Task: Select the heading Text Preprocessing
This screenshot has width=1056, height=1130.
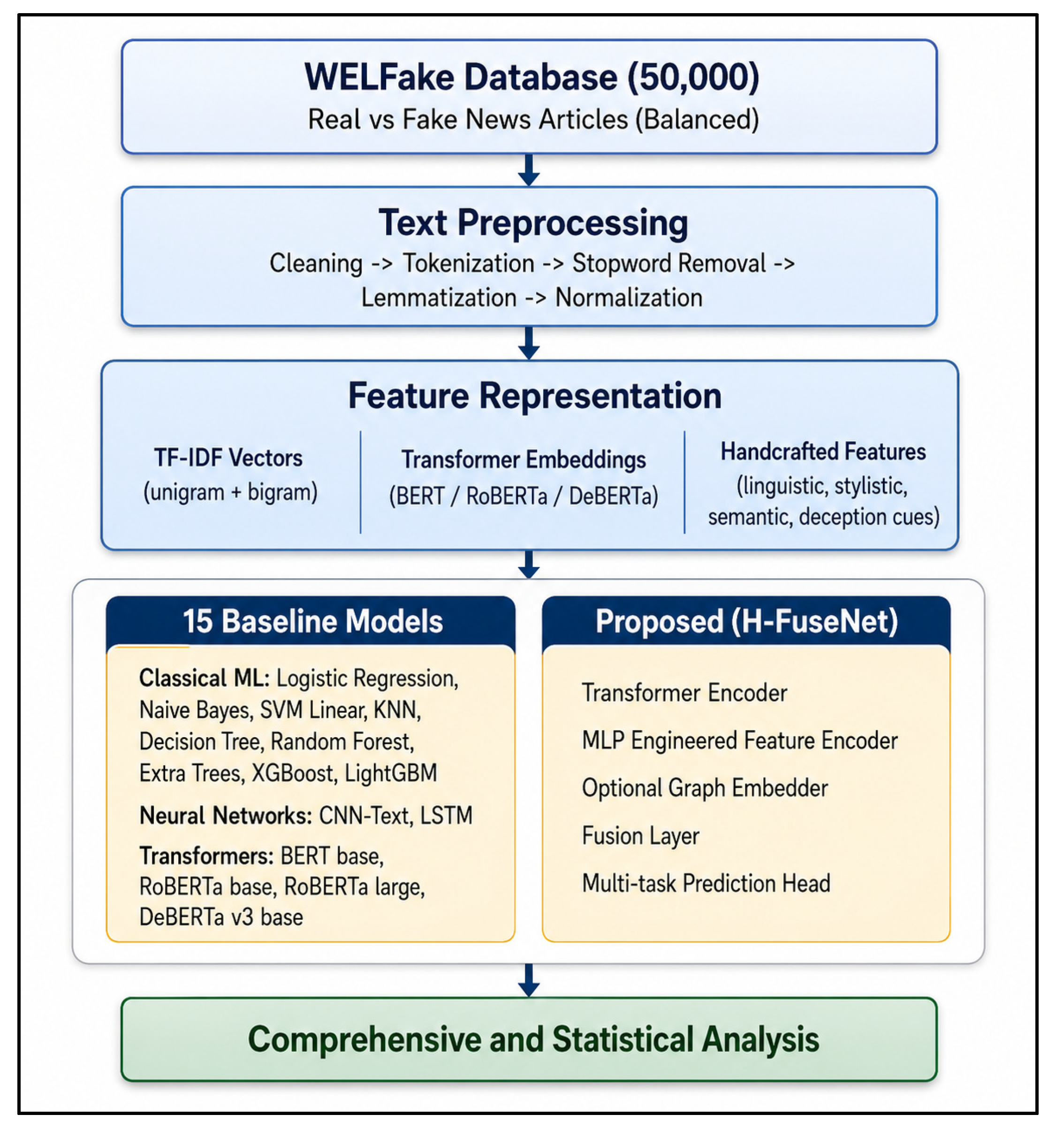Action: click(533, 223)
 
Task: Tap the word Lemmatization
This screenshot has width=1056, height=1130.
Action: click(439, 298)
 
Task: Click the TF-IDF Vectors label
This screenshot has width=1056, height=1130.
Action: click(228, 458)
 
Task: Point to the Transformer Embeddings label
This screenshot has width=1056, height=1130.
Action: click(524, 460)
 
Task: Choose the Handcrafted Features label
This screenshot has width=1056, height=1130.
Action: click(823, 451)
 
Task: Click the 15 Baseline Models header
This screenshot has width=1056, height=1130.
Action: click(312, 621)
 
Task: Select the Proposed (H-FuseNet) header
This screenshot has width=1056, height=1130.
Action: click(747, 621)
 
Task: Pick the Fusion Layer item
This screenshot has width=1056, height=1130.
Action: click(640, 836)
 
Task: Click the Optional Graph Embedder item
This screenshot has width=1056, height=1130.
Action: click(705, 788)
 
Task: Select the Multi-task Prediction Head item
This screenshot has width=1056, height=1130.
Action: click(706, 883)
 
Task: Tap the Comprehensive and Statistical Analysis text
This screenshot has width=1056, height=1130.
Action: click(533, 1039)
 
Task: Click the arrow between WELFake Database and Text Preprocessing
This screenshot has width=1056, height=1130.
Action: click(529, 170)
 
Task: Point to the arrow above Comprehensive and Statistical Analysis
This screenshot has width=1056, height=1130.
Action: click(529, 980)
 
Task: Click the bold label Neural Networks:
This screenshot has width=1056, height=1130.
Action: click(226, 816)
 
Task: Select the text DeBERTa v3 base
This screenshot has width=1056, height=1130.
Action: click(221, 917)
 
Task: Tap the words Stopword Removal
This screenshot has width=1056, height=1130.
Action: click(669, 263)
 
